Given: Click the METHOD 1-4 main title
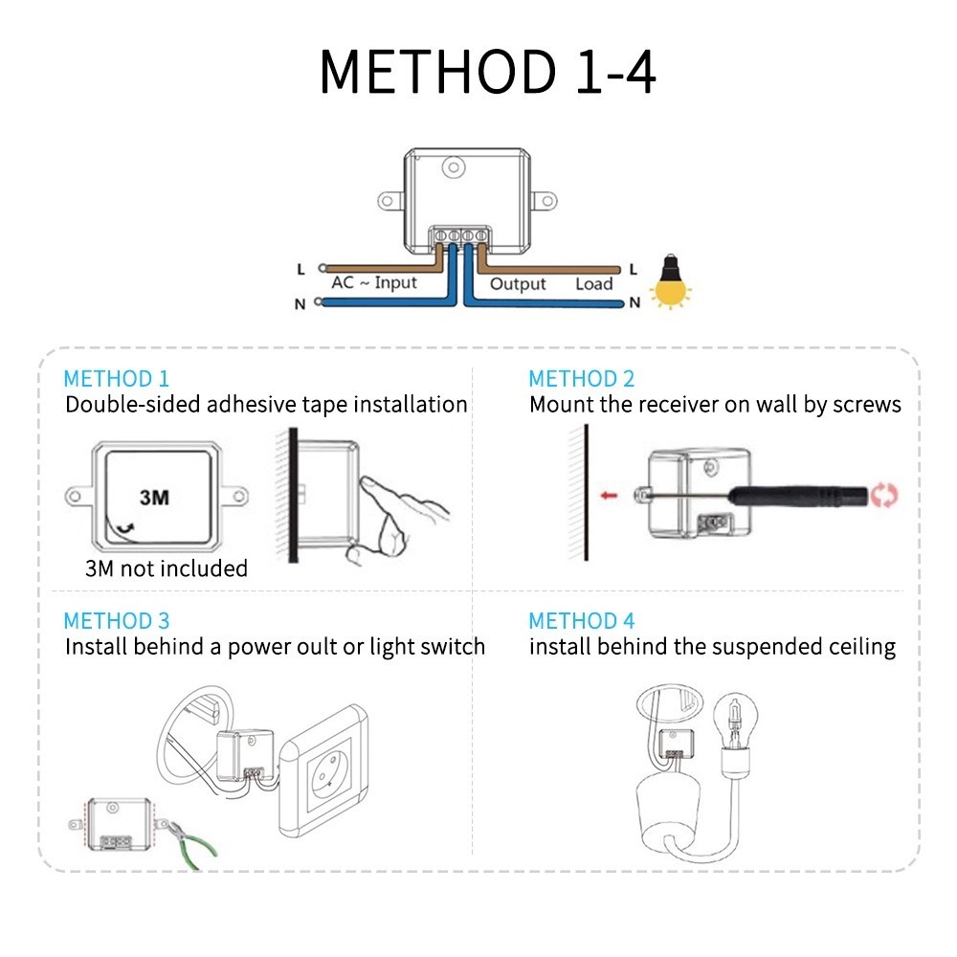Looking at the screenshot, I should point(488,72).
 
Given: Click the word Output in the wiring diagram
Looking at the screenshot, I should point(518,284).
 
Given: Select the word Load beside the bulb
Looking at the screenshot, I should point(593,284).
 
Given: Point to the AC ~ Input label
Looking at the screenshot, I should point(374,283).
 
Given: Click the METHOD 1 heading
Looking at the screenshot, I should point(116,379).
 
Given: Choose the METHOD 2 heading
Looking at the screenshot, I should point(582,379).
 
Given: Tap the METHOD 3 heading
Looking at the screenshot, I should point(117,621).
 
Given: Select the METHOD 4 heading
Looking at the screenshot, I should point(582,621).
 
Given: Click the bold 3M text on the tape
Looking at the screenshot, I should point(154,498).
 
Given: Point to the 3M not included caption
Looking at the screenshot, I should point(167,568).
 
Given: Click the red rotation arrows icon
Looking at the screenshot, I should point(884,496).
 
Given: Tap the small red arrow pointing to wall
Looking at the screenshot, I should point(607,496).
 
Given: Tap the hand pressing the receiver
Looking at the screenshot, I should point(402,517).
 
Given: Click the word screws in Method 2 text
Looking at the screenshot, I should point(867,405).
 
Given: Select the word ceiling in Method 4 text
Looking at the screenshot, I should point(861,647).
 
